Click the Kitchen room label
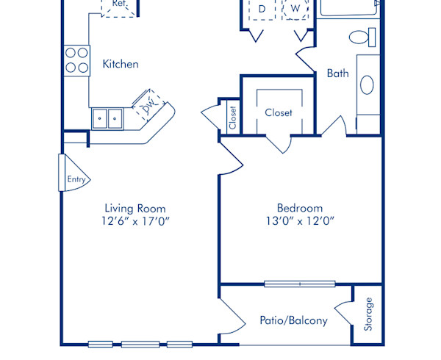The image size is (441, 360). [120, 64]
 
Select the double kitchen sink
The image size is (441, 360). [107, 118]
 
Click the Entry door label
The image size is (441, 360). [76, 179]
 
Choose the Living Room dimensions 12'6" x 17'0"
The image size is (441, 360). [135, 221]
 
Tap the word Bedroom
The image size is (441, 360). [299, 208]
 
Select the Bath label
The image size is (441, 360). [337, 73]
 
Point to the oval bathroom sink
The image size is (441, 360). [367, 84]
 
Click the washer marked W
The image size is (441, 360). [295, 9]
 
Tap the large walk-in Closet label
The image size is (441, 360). [279, 113]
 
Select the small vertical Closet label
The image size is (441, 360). [232, 118]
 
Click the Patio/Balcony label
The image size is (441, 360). [293, 320]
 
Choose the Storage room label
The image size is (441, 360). [369, 314]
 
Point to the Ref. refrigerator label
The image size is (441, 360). [119, 4]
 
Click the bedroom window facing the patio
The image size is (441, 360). [299, 284]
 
